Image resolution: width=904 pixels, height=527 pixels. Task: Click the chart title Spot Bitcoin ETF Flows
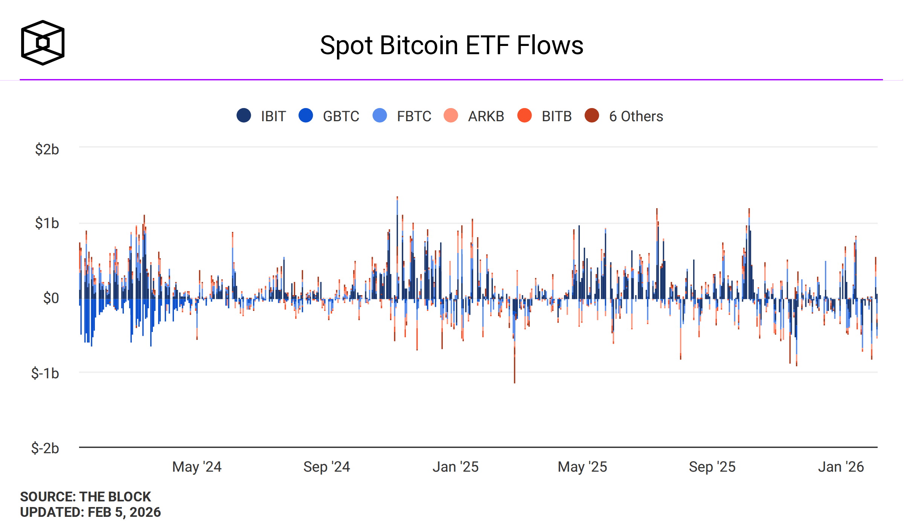click(451, 46)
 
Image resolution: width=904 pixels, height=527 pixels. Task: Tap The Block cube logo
click(43, 43)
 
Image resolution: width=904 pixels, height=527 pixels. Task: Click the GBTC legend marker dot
click(306, 116)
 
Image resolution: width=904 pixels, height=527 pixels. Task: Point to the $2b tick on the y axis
click(47, 149)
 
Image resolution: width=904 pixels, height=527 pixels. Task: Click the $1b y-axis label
click(47, 223)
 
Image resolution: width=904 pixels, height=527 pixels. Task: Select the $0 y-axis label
click(51, 298)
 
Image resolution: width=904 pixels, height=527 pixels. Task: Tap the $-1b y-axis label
click(45, 373)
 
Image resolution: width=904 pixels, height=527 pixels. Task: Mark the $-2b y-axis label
click(45, 448)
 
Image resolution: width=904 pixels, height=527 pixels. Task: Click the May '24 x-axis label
click(197, 467)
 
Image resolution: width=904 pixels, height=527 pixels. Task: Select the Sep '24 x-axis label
click(327, 467)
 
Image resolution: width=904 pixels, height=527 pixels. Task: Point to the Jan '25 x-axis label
click(456, 467)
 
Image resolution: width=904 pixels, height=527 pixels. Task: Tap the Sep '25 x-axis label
click(712, 467)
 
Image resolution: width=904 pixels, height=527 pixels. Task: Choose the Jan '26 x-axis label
click(841, 467)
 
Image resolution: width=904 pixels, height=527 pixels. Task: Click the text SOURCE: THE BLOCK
click(85, 497)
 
